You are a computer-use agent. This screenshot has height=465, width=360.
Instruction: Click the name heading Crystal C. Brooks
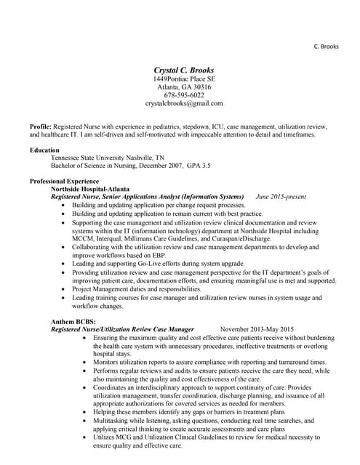pyautogui.click(x=184, y=69)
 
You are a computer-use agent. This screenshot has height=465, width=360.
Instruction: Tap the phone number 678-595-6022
pyautogui.click(x=184, y=95)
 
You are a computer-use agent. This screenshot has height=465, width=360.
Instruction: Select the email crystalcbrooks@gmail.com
pyautogui.click(x=184, y=104)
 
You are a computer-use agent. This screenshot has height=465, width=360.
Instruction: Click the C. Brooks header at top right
pyautogui.click(x=327, y=46)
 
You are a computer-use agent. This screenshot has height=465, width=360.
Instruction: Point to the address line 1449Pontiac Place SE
pyautogui.click(x=184, y=78)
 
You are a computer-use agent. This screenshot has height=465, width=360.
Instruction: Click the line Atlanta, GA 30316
pyautogui.click(x=184, y=86)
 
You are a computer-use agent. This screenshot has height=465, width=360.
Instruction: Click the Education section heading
pyautogui.click(x=45, y=149)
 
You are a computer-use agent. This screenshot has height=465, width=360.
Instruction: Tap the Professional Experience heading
pyautogui.click(x=64, y=180)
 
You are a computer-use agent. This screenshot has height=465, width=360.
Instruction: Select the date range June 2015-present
pyautogui.click(x=281, y=197)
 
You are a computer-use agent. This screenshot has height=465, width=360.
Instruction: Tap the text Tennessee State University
pyautogui.click(x=90, y=157)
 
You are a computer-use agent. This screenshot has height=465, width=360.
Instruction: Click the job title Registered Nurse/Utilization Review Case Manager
pyautogui.click(x=122, y=329)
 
